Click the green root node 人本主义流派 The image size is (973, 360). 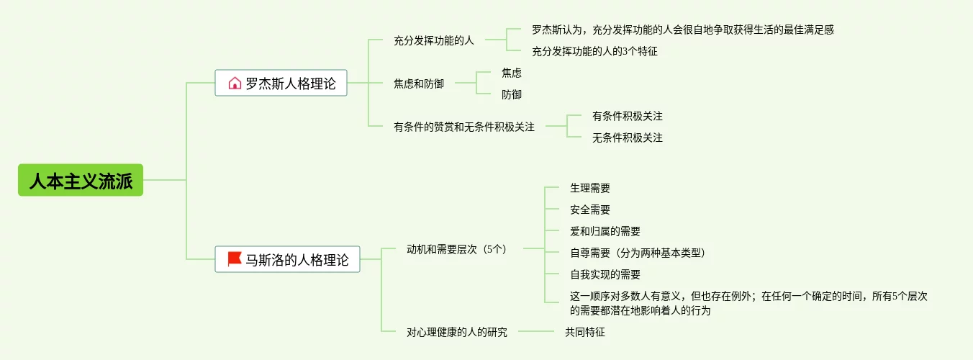point(81,181)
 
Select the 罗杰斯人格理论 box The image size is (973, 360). point(281,84)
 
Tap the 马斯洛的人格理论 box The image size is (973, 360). point(287,260)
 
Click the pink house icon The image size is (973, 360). point(235,84)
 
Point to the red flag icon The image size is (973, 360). point(235,259)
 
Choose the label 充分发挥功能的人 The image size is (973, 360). point(433,41)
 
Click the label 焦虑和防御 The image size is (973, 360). point(418,84)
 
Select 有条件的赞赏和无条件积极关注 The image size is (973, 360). point(463,127)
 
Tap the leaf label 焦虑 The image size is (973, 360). point(512,73)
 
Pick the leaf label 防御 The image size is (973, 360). point(512,94)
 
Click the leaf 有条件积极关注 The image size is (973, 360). point(627,116)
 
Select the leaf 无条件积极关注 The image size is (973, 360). point(627,138)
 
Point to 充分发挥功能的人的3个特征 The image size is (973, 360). point(594,51)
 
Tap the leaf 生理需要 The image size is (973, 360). point(590,188)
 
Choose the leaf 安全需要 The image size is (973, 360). point(590,210)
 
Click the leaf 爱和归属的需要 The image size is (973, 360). point(605,231)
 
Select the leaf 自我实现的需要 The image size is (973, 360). point(605,274)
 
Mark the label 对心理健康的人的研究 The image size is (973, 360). point(456,332)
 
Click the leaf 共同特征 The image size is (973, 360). point(584,332)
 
